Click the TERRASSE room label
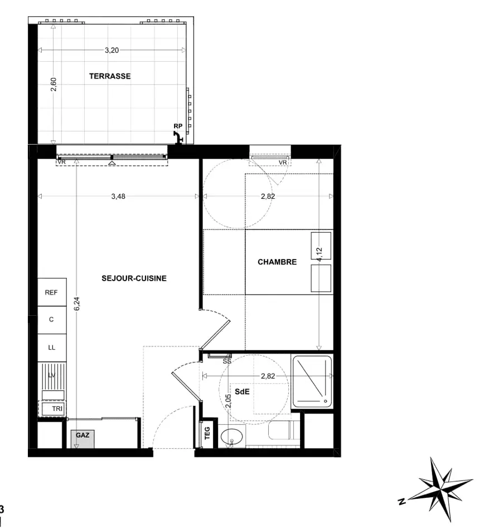110,76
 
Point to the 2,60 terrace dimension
54,85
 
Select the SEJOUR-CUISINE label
134,278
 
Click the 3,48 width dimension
118,196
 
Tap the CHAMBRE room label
277,262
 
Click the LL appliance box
51,347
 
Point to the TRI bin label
57,409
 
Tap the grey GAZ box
82,438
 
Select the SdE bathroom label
241,391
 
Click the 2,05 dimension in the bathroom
228,401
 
